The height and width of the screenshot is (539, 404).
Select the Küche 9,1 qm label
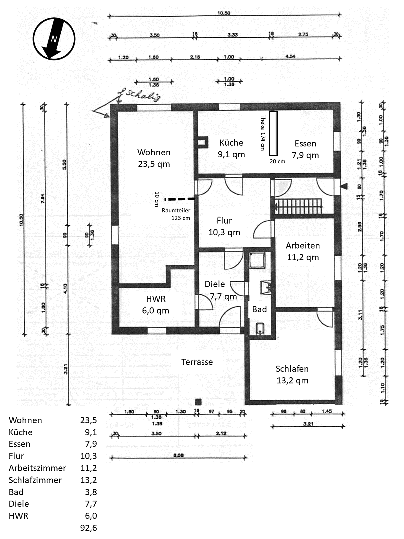[231, 148]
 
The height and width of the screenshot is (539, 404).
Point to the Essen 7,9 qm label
[305, 149]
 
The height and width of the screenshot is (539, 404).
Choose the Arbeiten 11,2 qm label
[302, 252]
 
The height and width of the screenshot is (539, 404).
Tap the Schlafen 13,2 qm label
[292, 375]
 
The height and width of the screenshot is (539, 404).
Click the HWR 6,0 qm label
[154, 305]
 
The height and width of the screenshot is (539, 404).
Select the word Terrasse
[197, 362]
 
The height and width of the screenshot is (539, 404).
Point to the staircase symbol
[298, 206]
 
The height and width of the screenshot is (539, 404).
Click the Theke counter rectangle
[273, 133]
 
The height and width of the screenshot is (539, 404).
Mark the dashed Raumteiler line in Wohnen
[179, 198]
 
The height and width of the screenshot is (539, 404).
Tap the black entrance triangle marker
[344, 186]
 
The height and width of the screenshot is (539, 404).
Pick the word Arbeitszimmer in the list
[37, 468]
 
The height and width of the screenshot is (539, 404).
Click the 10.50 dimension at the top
[224, 13]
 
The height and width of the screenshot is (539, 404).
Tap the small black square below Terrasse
[198, 401]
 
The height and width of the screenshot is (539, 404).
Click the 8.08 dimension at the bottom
[178, 455]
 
